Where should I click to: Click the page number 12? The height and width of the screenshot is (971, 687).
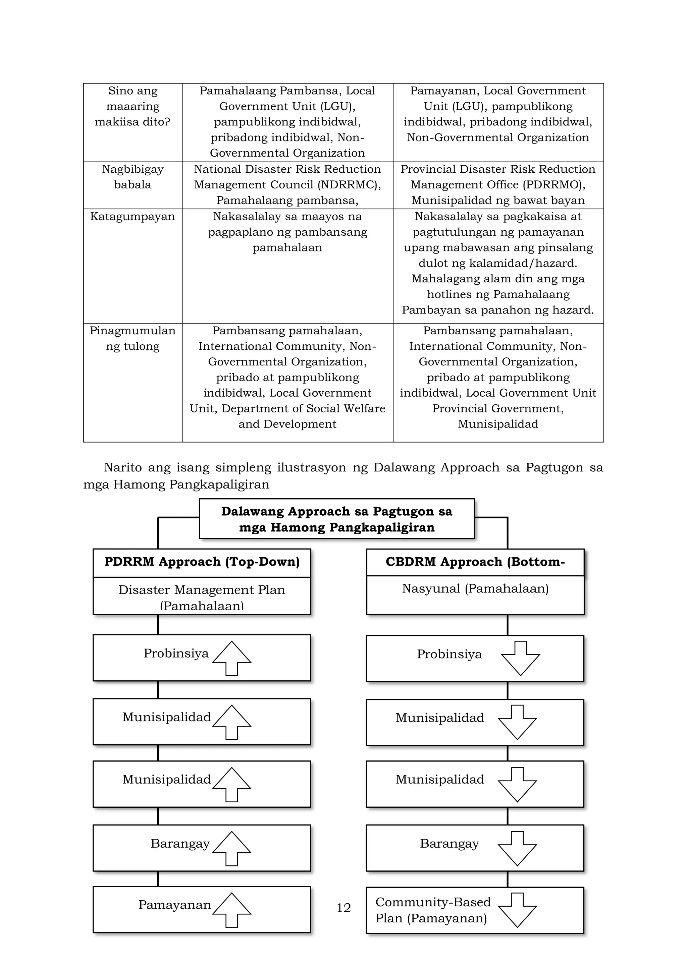tap(343, 908)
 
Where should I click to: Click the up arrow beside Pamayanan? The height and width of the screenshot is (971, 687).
tap(232, 909)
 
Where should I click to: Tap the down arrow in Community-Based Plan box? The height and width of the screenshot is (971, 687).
tap(517, 910)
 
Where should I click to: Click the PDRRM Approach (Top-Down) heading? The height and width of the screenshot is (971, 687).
tap(202, 562)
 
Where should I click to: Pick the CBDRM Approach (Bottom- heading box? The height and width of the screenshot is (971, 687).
tap(475, 562)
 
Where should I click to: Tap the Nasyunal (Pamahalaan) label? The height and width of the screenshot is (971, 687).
tap(475, 589)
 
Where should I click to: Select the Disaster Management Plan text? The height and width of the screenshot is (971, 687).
tap(202, 590)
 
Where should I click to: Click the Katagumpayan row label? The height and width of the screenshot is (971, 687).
tap(133, 217)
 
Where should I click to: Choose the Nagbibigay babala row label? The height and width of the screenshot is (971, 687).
tap(133, 177)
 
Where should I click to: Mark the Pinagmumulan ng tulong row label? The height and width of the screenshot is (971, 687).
tap(133, 338)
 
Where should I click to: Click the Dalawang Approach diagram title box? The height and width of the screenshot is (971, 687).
tap(337, 519)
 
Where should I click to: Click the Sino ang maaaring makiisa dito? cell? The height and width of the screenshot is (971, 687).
tap(133, 106)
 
